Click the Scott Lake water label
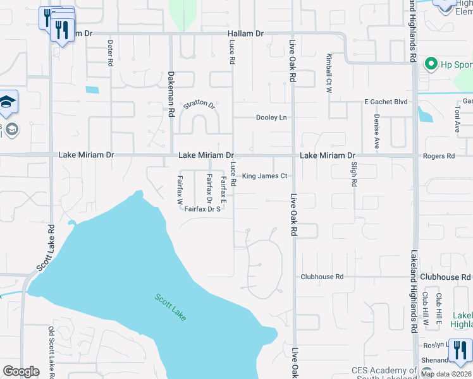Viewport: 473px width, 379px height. (x=170, y=306)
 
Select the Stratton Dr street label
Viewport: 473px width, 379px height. (x=199, y=104)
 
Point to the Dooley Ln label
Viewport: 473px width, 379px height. (x=271, y=117)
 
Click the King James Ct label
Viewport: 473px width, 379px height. (x=265, y=176)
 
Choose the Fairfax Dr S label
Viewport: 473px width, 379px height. (x=202, y=209)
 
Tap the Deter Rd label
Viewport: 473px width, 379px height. (x=110, y=53)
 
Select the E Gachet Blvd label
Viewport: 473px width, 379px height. (x=385, y=102)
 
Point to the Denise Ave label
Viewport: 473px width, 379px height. (x=377, y=131)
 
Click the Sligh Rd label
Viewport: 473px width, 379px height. (x=354, y=174)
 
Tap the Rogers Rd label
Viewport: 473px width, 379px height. (x=441, y=155)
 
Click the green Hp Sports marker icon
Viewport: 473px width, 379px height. (x=431, y=63)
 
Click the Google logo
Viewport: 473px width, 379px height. (x=21, y=371)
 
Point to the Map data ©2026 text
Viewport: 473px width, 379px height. (x=446, y=374)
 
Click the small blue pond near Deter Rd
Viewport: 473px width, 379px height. (x=92, y=89)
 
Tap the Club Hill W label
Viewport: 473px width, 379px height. (x=426, y=309)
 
